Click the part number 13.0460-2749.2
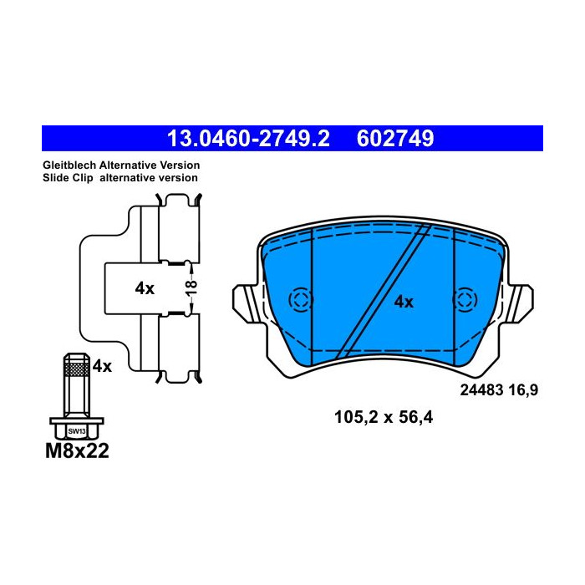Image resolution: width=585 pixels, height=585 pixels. click(x=248, y=138)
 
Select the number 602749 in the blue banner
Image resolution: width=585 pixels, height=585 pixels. click(x=395, y=138)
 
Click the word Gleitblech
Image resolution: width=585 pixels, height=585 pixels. click(x=69, y=165)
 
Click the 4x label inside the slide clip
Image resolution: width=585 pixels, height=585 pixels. click(x=145, y=288)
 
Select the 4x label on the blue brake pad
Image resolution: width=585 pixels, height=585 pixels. click(x=404, y=302)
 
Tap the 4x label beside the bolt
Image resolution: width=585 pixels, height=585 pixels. click(x=102, y=365)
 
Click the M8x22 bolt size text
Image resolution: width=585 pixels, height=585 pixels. click(x=76, y=452)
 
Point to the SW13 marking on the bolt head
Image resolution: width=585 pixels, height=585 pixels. click(x=77, y=430)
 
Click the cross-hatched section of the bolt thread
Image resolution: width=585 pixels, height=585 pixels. click(x=77, y=369)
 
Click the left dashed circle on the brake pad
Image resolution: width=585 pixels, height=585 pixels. click(x=298, y=300)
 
